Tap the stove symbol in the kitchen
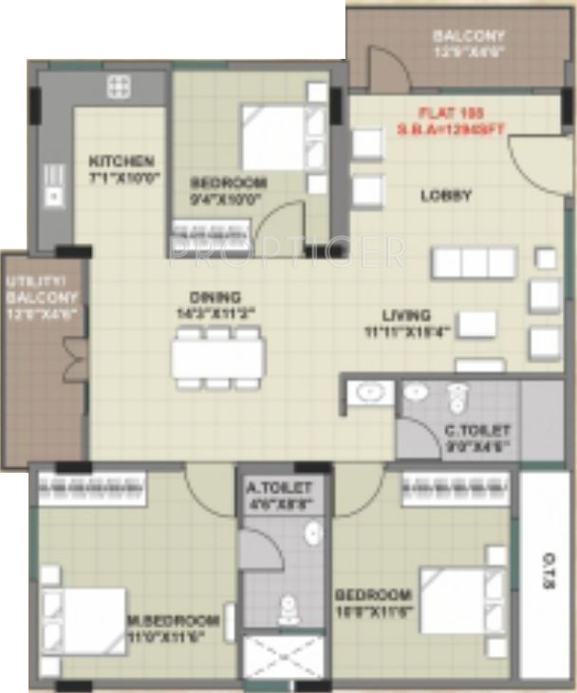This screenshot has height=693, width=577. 119,89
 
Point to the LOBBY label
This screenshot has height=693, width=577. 446,197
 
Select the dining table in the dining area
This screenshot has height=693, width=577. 218,358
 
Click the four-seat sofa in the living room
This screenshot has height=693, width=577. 474,262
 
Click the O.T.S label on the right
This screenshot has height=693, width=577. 549,579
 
